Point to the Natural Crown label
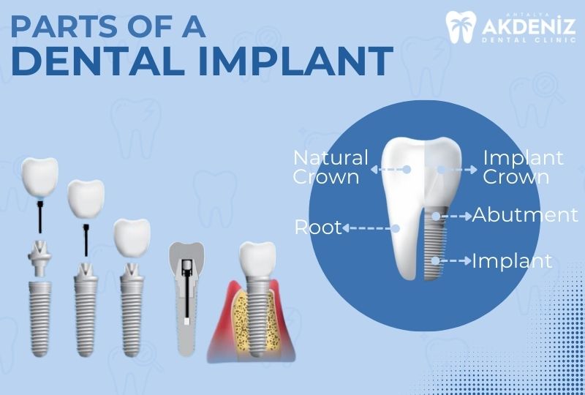tap(331, 168)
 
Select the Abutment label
tap(524, 215)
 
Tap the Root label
tap(318, 227)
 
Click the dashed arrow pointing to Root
tap(370, 227)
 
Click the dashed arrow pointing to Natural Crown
tap(389, 168)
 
